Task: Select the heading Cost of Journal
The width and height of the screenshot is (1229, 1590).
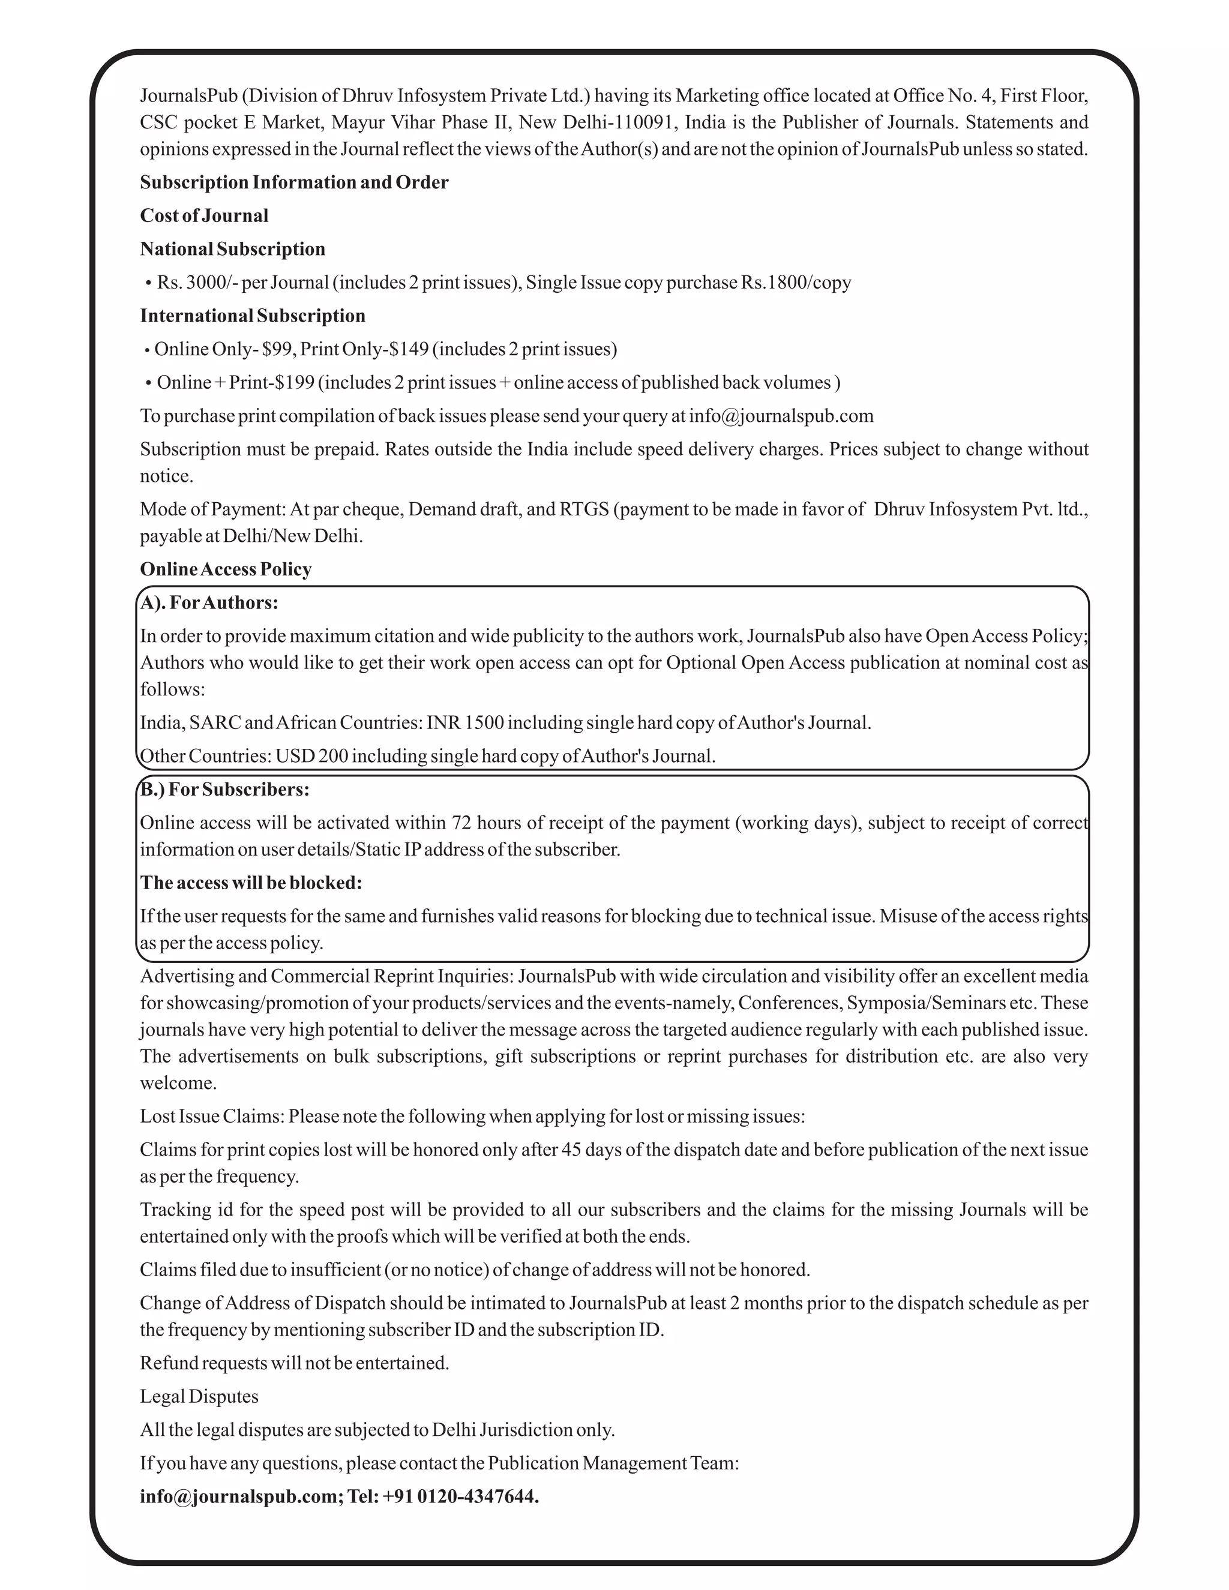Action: pos(204,215)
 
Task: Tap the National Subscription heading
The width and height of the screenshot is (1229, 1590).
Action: pos(232,249)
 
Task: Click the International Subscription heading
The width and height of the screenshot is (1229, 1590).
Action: pos(253,316)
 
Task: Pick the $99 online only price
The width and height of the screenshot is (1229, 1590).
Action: pos(276,349)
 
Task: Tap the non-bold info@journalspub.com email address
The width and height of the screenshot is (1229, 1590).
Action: pos(781,416)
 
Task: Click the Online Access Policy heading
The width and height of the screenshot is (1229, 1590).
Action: pos(226,569)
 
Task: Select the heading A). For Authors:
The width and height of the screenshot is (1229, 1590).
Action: pos(209,603)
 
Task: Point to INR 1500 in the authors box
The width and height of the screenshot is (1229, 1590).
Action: pos(464,723)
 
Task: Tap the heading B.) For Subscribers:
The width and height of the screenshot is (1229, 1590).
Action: pos(224,790)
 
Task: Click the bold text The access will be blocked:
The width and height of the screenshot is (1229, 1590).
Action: pos(251,883)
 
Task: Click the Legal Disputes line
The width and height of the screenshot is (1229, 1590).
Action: pos(199,1396)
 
